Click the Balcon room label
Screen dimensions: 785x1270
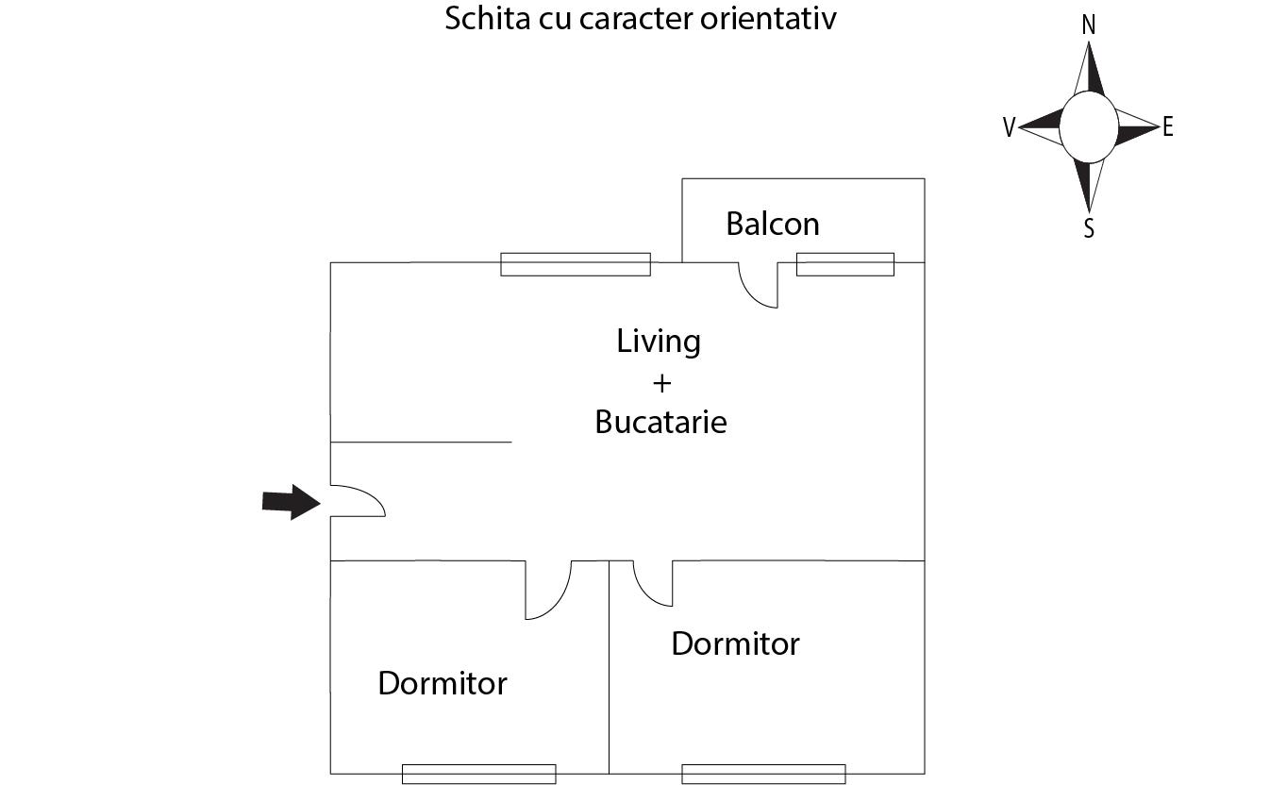(x=772, y=225)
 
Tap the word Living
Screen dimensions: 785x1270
(x=659, y=341)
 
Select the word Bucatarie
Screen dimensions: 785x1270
(x=660, y=422)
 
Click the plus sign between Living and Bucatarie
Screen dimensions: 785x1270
(x=660, y=382)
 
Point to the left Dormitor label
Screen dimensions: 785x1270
(x=442, y=683)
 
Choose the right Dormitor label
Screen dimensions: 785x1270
(x=735, y=643)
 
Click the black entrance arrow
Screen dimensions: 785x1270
(x=291, y=502)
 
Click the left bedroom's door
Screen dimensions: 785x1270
(x=550, y=593)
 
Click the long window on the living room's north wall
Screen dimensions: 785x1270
(x=575, y=264)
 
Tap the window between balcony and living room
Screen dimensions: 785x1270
(x=844, y=264)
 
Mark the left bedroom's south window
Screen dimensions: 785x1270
(x=478, y=774)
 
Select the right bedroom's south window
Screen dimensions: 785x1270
(x=762, y=774)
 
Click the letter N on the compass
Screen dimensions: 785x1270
(x=1088, y=25)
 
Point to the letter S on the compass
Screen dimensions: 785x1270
(x=1089, y=228)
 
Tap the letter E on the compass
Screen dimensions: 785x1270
(x=1168, y=127)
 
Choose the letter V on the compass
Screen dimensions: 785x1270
(x=1009, y=128)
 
